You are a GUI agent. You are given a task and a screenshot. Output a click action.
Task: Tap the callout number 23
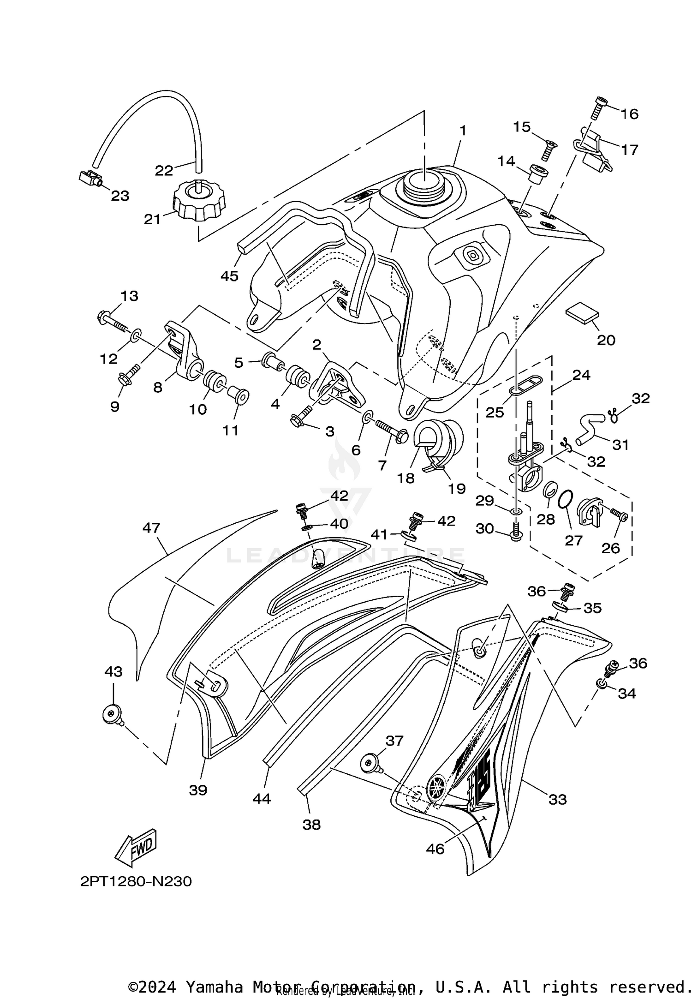[120, 196]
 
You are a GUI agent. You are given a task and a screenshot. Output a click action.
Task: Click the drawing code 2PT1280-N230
[136, 882]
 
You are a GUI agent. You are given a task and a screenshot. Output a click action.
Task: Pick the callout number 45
[229, 276]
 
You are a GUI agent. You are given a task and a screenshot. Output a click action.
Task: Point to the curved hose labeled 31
[591, 428]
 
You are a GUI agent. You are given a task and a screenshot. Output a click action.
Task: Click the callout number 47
[151, 527]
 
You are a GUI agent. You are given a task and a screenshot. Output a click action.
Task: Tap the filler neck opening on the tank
[424, 183]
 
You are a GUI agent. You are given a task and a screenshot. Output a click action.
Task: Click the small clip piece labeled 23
[90, 177]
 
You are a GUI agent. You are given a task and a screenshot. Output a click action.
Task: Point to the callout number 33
[557, 799]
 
